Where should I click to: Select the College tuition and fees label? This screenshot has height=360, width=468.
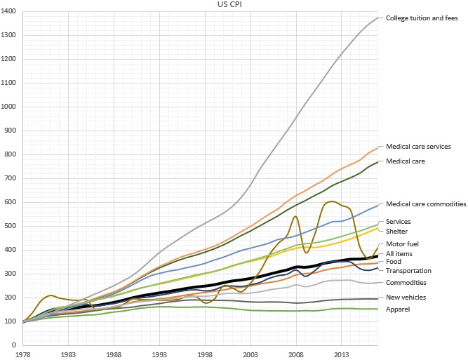point(422,18)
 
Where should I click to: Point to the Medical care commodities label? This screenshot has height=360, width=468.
point(426,204)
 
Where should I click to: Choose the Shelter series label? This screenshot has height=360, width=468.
point(398,232)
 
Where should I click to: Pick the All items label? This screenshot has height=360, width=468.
point(399,254)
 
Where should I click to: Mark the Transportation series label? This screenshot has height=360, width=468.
point(408,270)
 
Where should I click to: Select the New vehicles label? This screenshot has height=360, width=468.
point(405,298)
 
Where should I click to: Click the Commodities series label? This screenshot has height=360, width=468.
point(406,283)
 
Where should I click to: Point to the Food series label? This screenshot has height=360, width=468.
point(394,262)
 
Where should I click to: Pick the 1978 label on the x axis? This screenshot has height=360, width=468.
point(24,355)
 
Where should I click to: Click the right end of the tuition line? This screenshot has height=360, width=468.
point(377,18)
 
